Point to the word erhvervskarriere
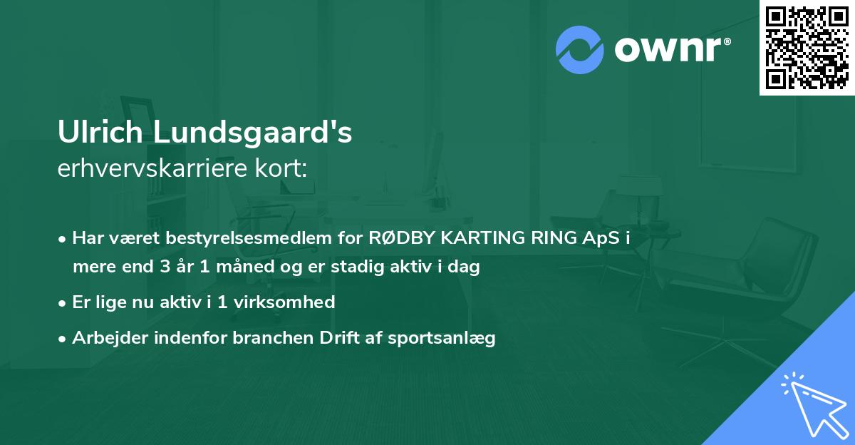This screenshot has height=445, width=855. [151, 168]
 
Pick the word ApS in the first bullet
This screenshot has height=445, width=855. [602, 238]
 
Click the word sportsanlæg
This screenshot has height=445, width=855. [442, 338]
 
